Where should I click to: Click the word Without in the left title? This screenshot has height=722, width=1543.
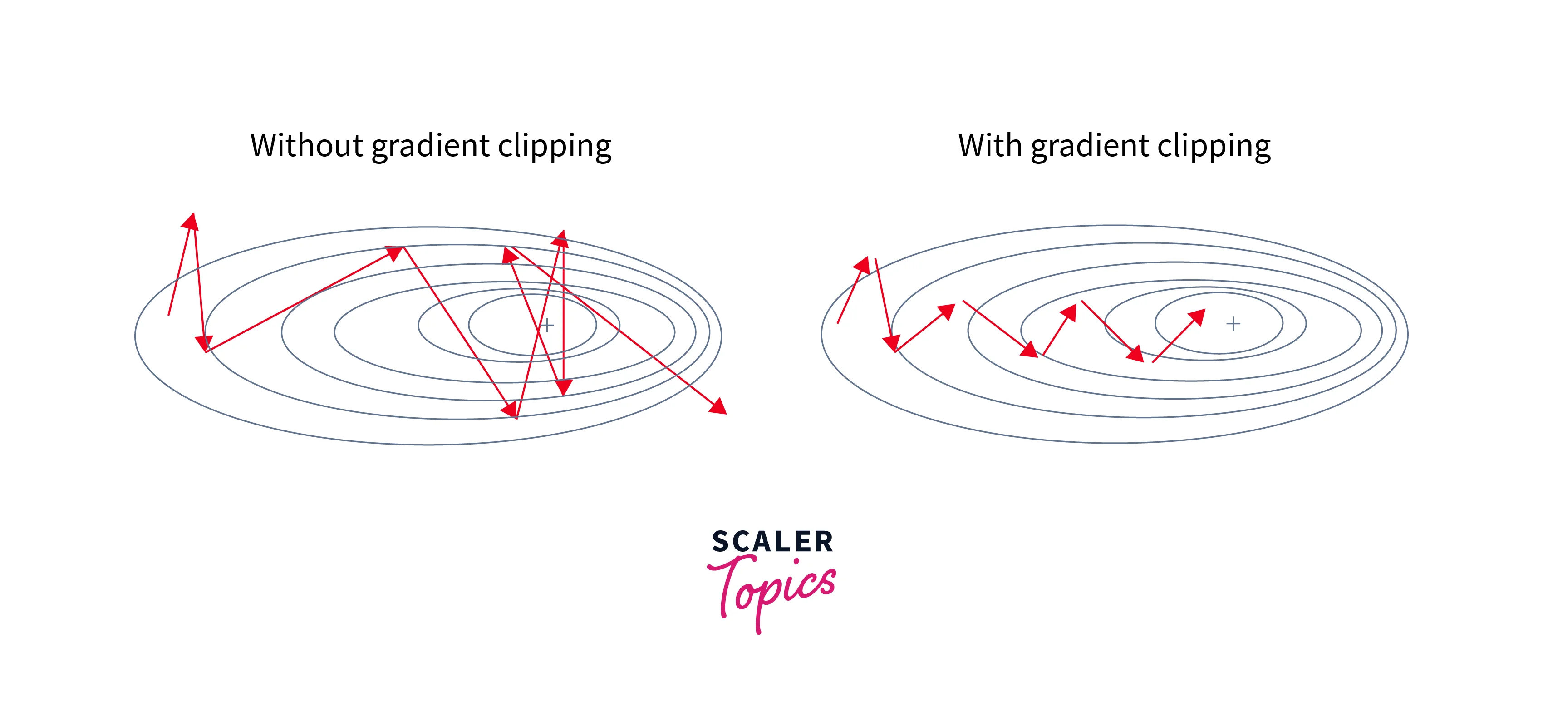pos(306,146)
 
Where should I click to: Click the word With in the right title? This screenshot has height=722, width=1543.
pos(989,146)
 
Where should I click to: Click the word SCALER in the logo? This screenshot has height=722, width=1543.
pos(772,542)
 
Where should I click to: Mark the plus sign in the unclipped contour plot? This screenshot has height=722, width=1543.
pos(547,325)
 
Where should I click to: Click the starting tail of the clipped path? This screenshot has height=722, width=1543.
pos(837,323)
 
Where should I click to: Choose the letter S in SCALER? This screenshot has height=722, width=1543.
pos(721,542)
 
